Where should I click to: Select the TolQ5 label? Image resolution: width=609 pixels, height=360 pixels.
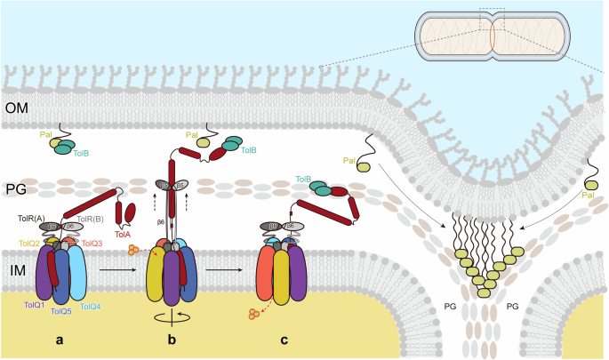pyautogui.click(x=60, y=311)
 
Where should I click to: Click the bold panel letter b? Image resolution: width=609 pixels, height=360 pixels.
pyautogui.click(x=172, y=340)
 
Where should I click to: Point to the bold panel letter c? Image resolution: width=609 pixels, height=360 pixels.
pyautogui.click(x=284, y=340)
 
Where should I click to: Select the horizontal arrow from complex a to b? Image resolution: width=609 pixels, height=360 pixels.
pyautogui.click(x=115, y=264)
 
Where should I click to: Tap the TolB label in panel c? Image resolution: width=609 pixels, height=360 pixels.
pyautogui.click(x=304, y=179)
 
